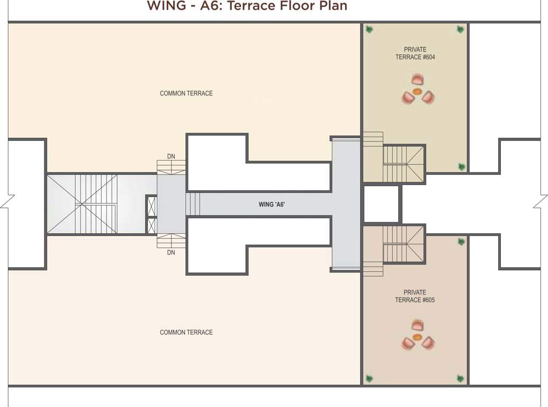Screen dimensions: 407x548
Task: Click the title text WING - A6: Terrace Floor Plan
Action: pyautogui.click(x=247, y=6)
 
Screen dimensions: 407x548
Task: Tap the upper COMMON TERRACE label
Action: pyautogui.click(x=186, y=93)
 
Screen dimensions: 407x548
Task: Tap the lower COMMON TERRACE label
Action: pyautogui.click(x=186, y=332)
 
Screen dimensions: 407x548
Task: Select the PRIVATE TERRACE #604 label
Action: pyautogui.click(x=415, y=54)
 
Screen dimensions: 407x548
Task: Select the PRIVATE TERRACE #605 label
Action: pyautogui.click(x=415, y=296)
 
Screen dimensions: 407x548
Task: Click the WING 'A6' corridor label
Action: pyautogui.click(x=272, y=204)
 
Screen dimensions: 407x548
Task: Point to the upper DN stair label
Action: pyautogui.click(x=171, y=156)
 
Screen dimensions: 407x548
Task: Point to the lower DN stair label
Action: pyautogui.click(x=171, y=253)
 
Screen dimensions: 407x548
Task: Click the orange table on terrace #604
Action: pyautogui.click(x=417, y=92)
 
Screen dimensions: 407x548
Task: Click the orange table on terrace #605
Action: pyautogui.click(x=417, y=337)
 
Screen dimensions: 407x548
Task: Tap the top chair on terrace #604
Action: pyautogui.click(x=417, y=80)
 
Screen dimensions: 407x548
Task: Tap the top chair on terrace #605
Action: pyautogui.click(x=417, y=325)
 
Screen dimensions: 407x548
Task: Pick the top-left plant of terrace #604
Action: pyautogui.click(x=370, y=30)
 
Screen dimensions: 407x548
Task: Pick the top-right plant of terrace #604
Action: pyautogui.click(x=460, y=30)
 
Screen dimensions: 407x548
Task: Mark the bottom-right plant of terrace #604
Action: pyautogui.click(x=461, y=167)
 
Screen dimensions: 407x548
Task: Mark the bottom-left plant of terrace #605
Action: pyautogui.click(x=370, y=378)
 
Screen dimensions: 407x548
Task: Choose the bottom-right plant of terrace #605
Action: pyautogui.click(x=461, y=378)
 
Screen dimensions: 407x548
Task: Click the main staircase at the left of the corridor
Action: pyautogui.click(x=95, y=204)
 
